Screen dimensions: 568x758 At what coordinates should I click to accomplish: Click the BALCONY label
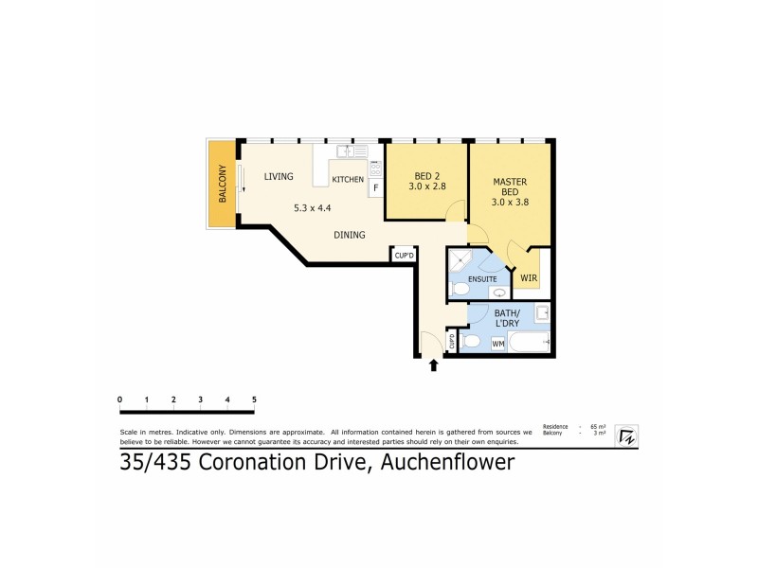[x=223, y=185]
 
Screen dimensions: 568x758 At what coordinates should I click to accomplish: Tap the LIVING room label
[x=279, y=176]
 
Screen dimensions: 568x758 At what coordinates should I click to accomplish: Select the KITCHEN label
[x=348, y=179]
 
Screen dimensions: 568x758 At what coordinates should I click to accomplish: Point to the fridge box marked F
[x=376, y=187]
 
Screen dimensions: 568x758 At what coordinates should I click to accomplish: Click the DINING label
[x=350, y=234]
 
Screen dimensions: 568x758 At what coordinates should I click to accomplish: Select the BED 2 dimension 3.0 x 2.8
[x=427, y=188]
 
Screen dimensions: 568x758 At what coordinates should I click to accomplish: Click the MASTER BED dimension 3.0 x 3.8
[x=510, y=202]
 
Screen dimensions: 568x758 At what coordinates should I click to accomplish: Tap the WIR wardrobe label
[x=529, y=278]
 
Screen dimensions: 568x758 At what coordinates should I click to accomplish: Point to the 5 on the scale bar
[x=254, y=399]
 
